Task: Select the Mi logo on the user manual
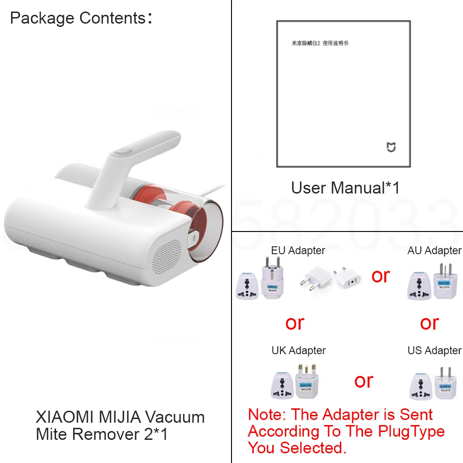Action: (x=391, y=147)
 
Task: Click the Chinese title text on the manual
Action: (x=319, y=43)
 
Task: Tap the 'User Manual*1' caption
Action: (x=345, y=188)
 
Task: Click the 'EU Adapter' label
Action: (x=298, y=250)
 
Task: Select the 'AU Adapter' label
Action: (x=434, y=250)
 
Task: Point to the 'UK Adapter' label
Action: (x=299, y=350)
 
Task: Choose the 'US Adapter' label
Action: (x=434, y=350)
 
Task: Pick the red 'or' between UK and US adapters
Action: (x=364, y=381)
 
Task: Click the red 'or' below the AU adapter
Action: (x=429, y=323)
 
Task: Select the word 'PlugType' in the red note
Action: (x=411, y=432)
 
